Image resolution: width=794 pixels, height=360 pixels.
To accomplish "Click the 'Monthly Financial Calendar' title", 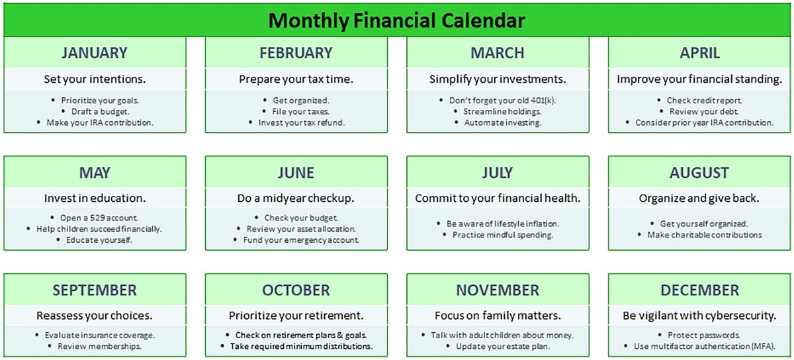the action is pyautogui.click(x=396, y=21).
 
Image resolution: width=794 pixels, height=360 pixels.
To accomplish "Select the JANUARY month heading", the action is pyautogui.click(x=95, y=53).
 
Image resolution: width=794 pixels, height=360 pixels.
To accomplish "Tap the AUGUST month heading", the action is pyautogui.click(x=699, y=173).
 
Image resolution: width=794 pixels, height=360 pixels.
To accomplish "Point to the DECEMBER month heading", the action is pyautogui.click(x=699, y=290).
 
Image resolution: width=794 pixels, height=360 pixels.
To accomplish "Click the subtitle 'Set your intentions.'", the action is pyautogui.click(x=95, y=79).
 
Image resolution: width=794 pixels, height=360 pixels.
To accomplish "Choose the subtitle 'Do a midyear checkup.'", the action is pyautogui.click(x=296, y=198).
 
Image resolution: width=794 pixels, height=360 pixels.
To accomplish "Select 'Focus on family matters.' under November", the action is pyautogui.click(x=498, y=315).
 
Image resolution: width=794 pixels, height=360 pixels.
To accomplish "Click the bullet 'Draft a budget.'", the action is pyautogui.click(x=101, y=111).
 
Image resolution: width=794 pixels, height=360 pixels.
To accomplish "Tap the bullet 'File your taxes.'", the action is pyautogui.click(x=301, y=111).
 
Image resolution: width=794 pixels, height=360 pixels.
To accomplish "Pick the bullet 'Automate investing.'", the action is pyautogui.click(x=503, y=122).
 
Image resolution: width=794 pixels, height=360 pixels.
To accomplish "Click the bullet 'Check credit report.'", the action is pyautogui.click(x=704, y=101).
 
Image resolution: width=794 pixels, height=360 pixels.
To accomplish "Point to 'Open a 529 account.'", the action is pyautogui.click(x=99, y=218).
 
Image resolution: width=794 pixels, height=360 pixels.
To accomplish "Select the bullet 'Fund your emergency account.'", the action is pyautogui.click(x=301, y=240).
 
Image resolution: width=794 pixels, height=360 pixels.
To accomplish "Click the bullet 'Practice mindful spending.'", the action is pyautogui.click(x=503, y=235).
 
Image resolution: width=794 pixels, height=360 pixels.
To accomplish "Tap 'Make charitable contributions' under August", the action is pyautogui.click(x=704, y=235).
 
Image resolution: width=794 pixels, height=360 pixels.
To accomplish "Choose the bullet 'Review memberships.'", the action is pyautogui.click(x=100, y=346).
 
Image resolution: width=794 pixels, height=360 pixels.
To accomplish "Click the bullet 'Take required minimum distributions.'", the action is pyautogui.click(x=301, y=346).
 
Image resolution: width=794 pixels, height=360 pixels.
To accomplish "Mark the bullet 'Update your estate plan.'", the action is pyautogui.click(x=503, y=346).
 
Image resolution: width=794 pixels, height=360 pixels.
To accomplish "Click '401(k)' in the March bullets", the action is pyautogui.click(x=543, y=101).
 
